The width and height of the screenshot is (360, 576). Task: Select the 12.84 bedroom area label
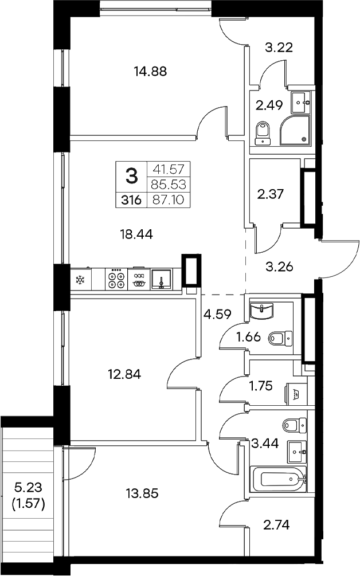(x=124, y=374)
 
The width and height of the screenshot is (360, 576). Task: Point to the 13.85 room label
(x=140, y=493)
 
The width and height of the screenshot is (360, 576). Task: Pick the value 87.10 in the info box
(x=169, y=200)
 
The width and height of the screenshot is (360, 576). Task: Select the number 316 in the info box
(x=132, y=200)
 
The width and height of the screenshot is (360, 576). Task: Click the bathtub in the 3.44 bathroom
(x=279, y=479)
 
